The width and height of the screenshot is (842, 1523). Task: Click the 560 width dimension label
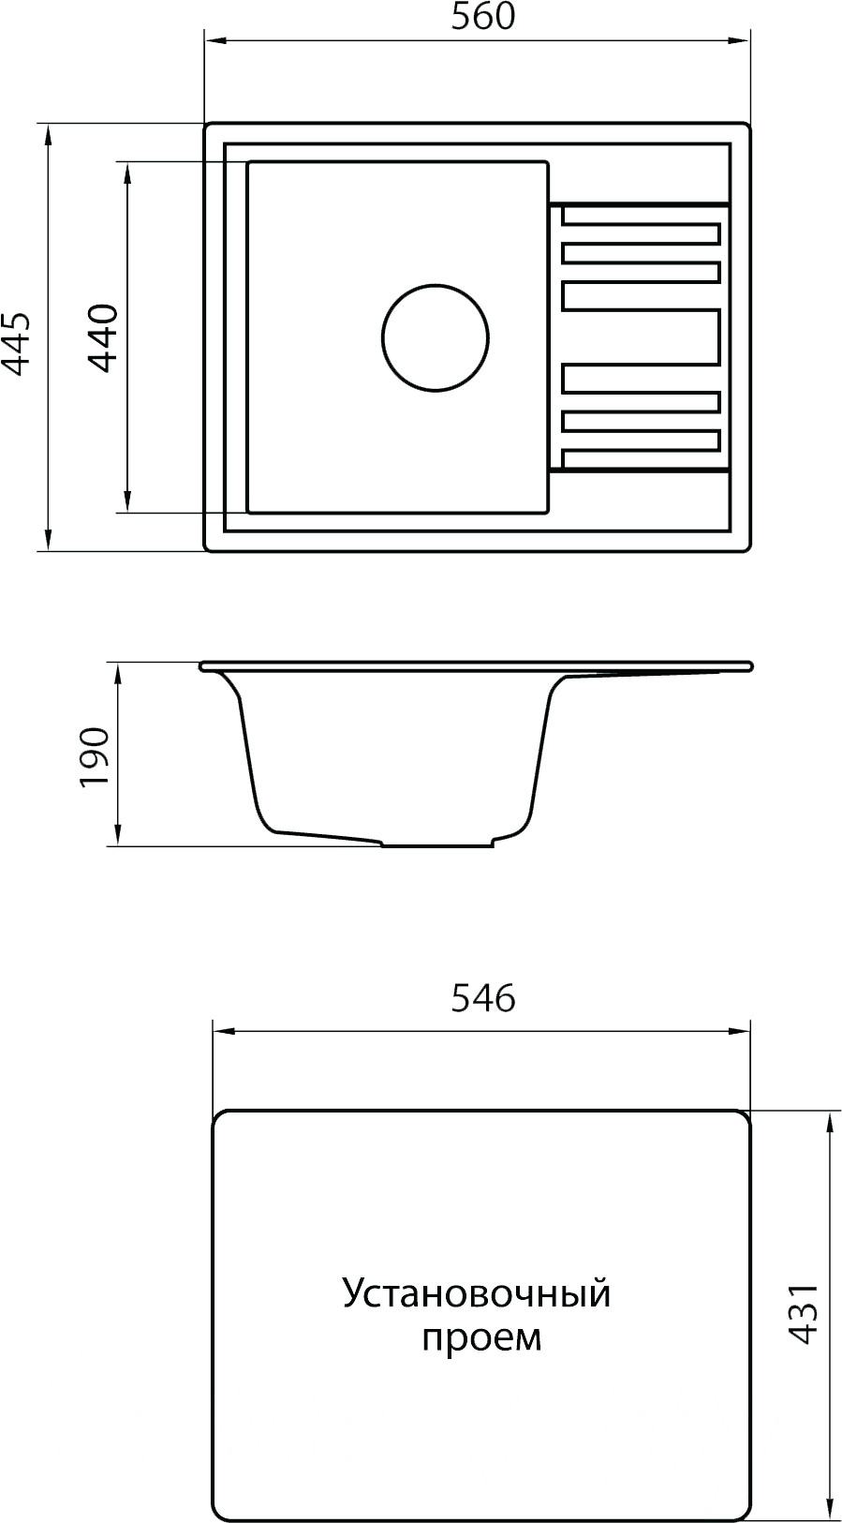click(483, 16)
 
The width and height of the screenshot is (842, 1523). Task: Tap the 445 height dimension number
click(15, 343)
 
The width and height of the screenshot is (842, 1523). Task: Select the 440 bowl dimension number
click(103, 338)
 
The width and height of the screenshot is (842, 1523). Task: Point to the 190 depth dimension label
click(95, 756)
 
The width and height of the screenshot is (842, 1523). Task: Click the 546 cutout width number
click(483, 999)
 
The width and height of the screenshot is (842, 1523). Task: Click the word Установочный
click(477, 1294)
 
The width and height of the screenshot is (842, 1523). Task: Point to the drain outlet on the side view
click(437, 843)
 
